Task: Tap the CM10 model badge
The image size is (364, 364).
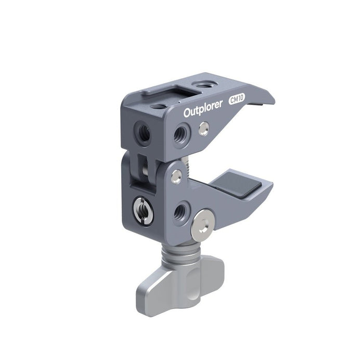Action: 237,102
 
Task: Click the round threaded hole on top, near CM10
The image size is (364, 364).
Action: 200,84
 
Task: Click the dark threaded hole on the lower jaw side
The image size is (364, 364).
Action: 181,211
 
